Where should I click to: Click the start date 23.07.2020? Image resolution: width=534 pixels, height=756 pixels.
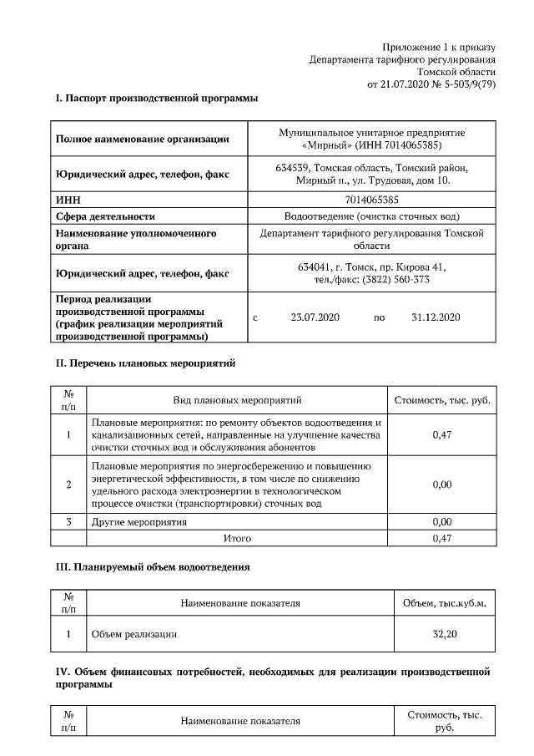coord(315,317)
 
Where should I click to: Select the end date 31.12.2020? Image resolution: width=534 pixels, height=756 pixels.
coord(436,317)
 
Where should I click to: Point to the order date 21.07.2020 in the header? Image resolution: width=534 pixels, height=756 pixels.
coord(395,84)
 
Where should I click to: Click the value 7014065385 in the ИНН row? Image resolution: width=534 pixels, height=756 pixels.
coord(371,200)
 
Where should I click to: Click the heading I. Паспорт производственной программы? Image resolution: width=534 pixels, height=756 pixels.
coord(156,99)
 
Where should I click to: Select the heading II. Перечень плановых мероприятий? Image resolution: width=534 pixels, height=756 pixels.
coord(145,364)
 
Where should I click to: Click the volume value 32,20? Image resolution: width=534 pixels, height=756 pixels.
coord(444,635)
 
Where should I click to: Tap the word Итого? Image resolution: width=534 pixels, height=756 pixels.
coord(237,539)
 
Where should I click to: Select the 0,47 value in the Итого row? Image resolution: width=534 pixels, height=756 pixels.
coord(442,539)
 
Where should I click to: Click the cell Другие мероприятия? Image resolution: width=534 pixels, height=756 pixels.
coord(139,522)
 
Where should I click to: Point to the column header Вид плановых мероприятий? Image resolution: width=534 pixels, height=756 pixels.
coord(237,401)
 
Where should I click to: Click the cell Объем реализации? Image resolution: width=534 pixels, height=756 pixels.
coord(133,635)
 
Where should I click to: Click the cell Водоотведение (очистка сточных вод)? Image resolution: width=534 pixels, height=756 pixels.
coord(371,216)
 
